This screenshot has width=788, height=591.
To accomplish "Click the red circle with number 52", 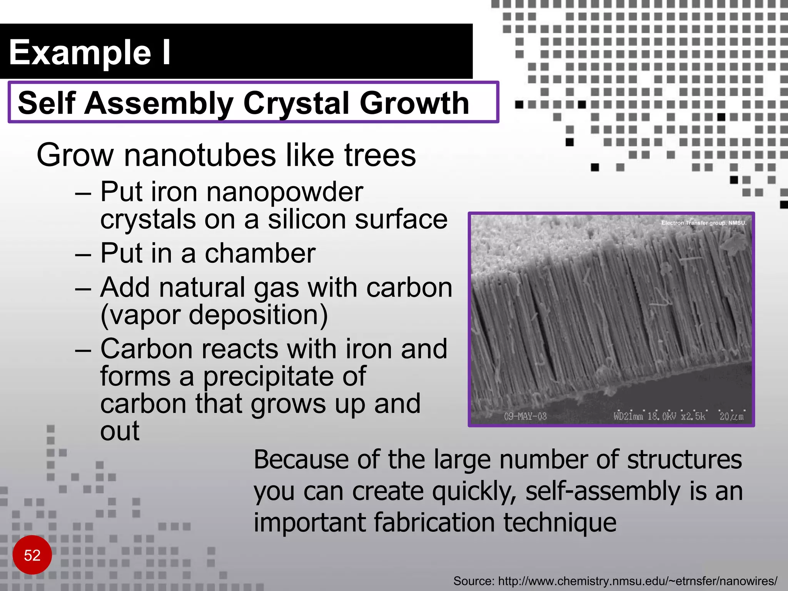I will pyautogui.click(x=32, y=555).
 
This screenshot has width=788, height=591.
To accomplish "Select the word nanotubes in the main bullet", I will pyautogui.click(x=200, y=155).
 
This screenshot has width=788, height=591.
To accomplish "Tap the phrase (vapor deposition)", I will pyautogui.click(x=214, y=315).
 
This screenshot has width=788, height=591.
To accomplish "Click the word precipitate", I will pyautogui.click(x=285, y=376).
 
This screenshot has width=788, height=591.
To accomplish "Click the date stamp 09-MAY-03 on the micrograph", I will pyautogui.click(x=525, y=416).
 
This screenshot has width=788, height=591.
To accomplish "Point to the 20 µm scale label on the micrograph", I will pyautogui.click(x=731, y=416).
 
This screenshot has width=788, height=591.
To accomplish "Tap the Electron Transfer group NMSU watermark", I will pyautogui.click(x=704, y=223).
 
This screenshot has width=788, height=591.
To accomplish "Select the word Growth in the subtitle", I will pyautogui.click(x=414, y=103).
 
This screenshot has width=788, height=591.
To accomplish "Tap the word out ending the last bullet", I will pyautogui.click(x=120, y=431).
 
